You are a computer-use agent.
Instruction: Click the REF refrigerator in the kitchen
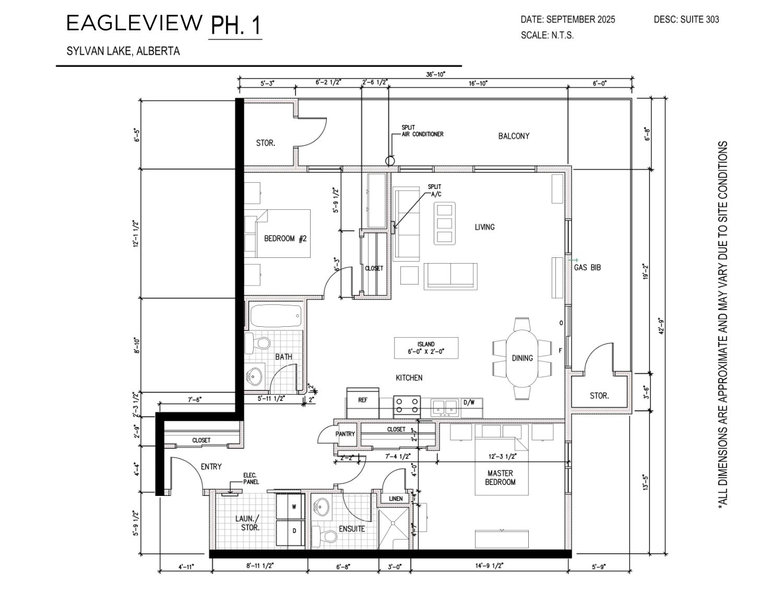[362, 402]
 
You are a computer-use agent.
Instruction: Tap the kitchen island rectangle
[426, 348]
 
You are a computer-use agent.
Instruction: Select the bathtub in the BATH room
[276, 317]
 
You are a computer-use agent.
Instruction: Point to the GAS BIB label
[587, 267]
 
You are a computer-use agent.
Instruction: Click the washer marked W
[290, 506]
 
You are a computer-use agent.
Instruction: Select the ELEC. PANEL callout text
[251, 479]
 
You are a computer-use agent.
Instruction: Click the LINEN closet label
[396, 499]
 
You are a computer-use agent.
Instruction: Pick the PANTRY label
[345, 434]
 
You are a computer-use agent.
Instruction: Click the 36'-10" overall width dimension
[435, 74]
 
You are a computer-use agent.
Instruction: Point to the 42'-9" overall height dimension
[661, 326]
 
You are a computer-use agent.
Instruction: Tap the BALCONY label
[514, 136]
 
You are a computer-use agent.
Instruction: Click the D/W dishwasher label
[469, 402]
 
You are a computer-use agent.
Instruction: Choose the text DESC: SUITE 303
[686, 19]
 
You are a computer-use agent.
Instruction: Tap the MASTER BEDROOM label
[500, 478]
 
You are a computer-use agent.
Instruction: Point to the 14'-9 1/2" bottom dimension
[489, 565]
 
